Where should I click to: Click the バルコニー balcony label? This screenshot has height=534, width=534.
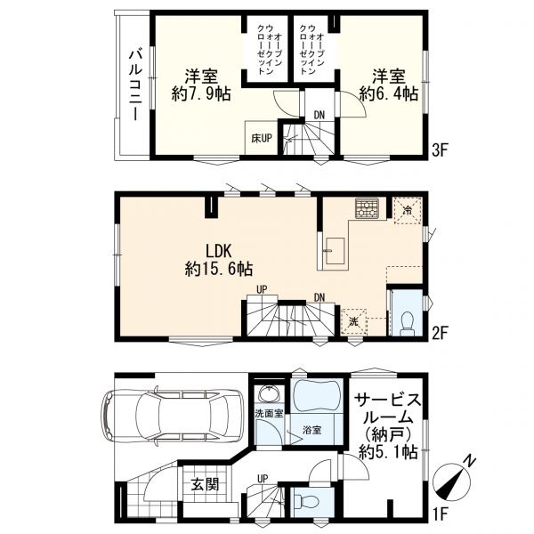(x=135, y=85)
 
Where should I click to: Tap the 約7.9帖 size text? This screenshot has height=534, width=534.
(x=201, y=93)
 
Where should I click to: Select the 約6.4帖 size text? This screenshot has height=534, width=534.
(x=389, y=93)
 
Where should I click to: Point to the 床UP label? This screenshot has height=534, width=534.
(x=262, y=138)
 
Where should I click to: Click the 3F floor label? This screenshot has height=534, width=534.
(x=440, y=150)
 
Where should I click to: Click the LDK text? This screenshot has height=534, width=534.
(x=218, y=251)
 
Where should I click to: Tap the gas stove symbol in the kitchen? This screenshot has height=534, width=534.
(x=367, y=208)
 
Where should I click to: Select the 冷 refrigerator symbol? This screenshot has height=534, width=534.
(x=408, y=210)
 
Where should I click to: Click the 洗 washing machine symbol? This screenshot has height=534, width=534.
(x=354, y=322)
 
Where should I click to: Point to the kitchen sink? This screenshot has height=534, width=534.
(x=336, y=251)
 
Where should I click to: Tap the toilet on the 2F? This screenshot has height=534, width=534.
(x=407, y=323)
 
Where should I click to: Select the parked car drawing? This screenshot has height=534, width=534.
(x=173, y=417)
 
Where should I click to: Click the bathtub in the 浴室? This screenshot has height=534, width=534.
(x=316, y=396)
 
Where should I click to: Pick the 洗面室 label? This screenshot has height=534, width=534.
(x=270, y=414)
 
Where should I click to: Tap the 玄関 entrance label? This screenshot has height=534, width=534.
(x=205, y=484)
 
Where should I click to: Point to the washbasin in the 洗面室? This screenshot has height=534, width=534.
(x=270, y=395)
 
